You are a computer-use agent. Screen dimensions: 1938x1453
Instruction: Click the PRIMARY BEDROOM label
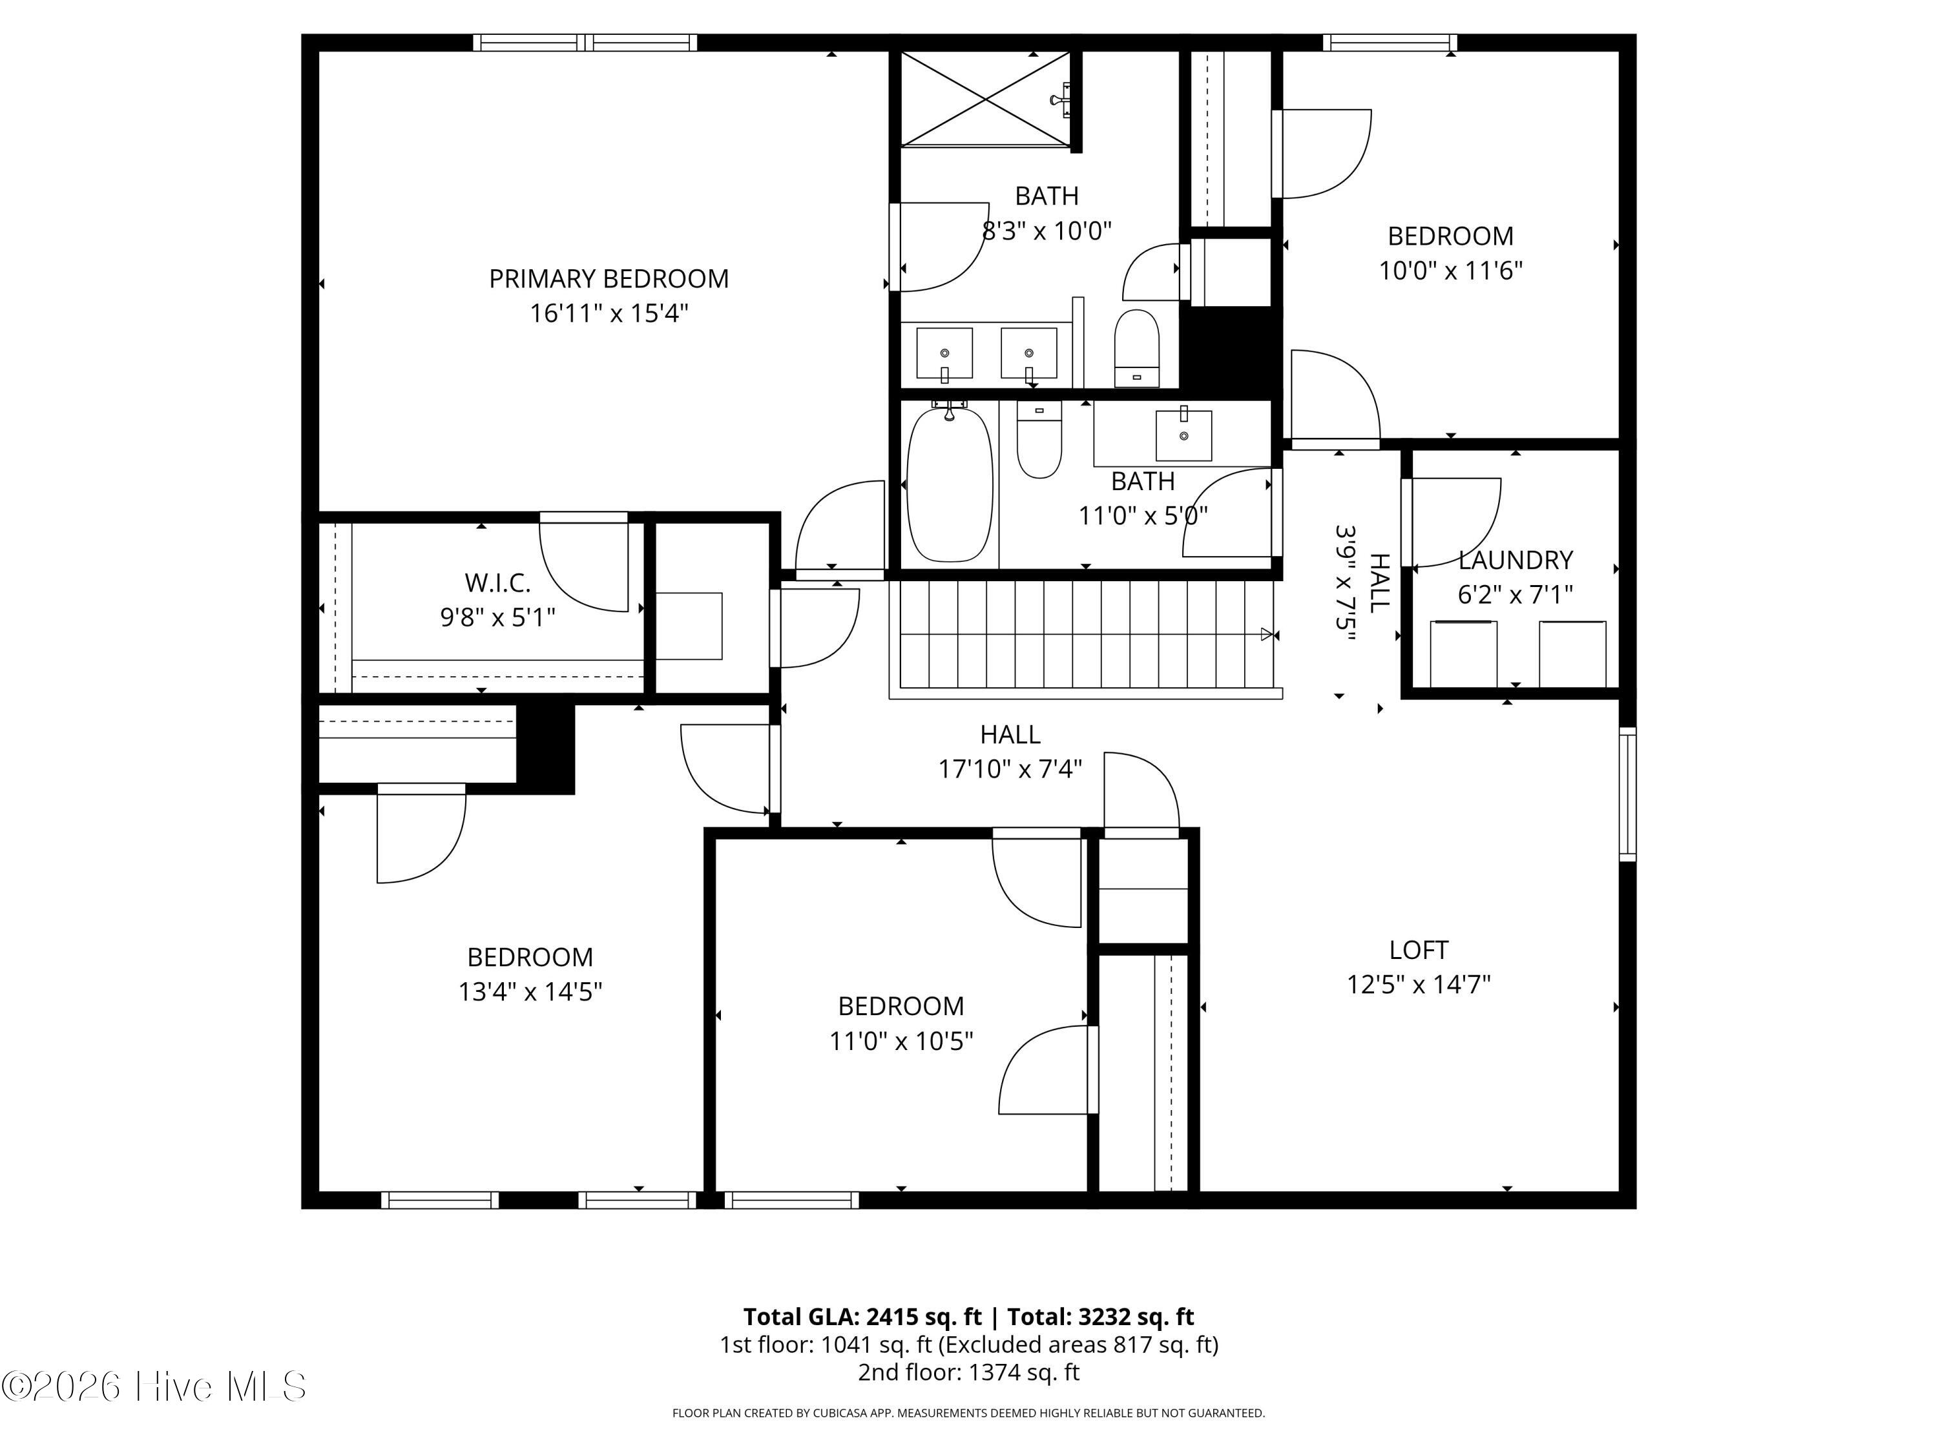(609, 278)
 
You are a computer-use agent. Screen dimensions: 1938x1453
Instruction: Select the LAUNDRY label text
(1515, 560)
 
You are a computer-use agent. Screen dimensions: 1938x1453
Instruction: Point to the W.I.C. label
(497, 582)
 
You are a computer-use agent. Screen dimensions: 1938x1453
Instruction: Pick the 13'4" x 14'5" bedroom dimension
(530, 991)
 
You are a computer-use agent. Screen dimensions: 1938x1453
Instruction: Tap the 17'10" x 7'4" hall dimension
(1010, 769)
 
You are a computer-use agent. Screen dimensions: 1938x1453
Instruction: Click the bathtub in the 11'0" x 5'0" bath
(950, 484)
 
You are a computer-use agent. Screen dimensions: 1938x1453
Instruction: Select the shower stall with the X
(986, 99)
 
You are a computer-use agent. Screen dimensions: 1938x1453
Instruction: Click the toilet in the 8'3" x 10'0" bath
(1136, 347)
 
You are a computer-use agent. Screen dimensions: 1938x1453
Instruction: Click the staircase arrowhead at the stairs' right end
(1267, 634)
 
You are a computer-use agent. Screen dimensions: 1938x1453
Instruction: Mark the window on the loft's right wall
(1627, 794)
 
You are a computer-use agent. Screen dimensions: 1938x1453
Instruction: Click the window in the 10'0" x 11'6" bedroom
(1390, 42)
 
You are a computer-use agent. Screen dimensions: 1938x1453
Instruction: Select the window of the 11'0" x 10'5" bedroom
(792, 1200)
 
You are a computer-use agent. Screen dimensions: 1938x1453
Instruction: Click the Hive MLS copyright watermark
(154, 1386)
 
